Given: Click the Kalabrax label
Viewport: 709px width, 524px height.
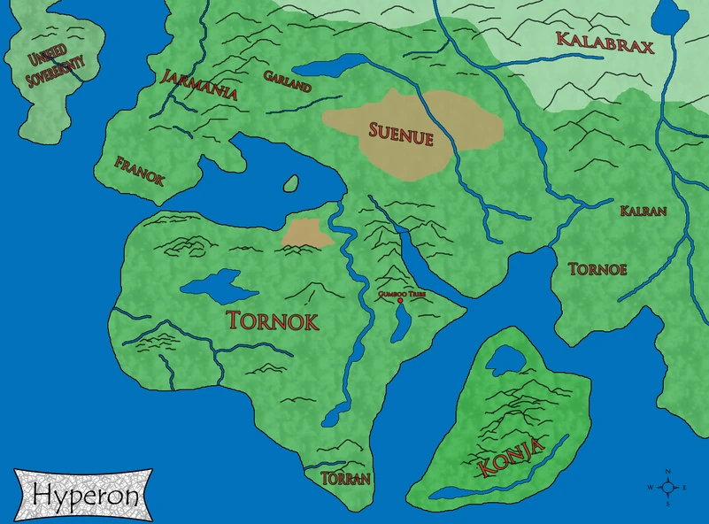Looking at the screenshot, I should pos(605,42).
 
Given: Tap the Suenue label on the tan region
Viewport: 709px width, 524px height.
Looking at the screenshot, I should pos(401,135).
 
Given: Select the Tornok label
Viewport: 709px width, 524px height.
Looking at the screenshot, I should pos(273,320).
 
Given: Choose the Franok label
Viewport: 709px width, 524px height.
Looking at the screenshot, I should pos(140,169).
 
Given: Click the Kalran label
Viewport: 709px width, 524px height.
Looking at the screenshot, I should pos(643,211).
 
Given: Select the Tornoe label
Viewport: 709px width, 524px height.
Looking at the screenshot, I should pos(597,268).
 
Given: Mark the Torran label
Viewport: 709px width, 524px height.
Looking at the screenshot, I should pos(345,477).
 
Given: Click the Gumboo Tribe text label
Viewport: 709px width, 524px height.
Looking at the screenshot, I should pos(401,291).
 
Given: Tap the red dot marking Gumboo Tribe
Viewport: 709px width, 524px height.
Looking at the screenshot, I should pos(401,301).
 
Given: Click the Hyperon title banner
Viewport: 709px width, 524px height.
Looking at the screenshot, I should pos(85,495).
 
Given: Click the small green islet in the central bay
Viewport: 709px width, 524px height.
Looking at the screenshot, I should pos(290,183).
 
